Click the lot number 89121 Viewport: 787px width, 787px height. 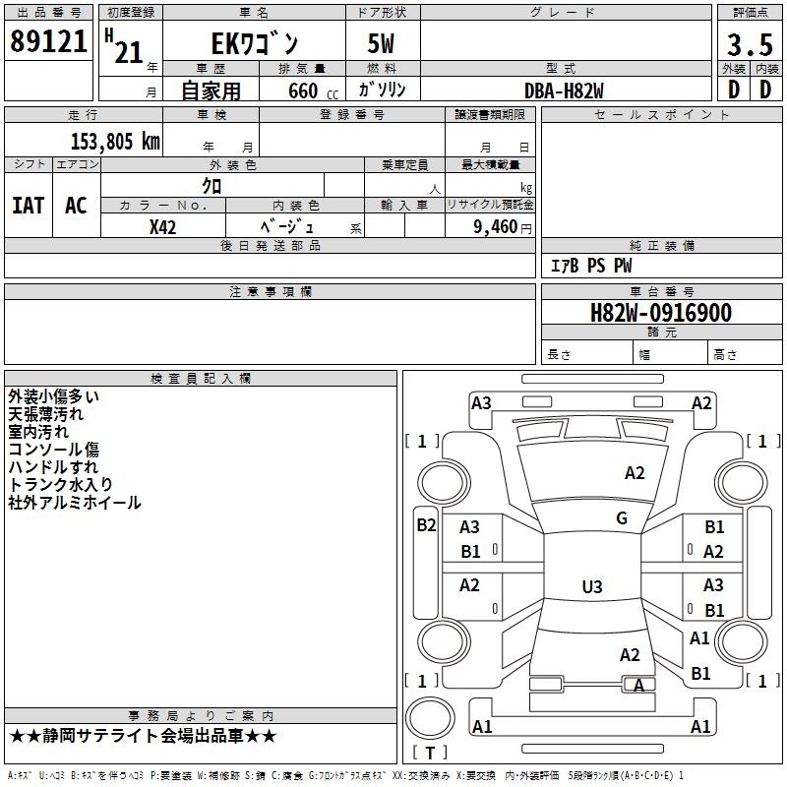(x=48, y=41)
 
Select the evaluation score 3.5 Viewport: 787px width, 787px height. (x=748, y=44)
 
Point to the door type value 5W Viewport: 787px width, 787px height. (x=382, y=44)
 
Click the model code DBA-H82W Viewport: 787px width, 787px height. (x=564, y=91)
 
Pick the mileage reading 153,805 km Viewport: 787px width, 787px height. (x=115, y=142)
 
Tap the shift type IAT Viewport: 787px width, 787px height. (x=28, y=206)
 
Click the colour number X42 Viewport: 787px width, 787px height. (x=163, y=227)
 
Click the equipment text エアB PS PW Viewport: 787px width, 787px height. (x=590, y=266)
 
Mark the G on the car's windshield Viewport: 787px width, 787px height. (x=622, y=518)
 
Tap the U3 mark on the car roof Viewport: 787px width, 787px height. (x=591, y=587)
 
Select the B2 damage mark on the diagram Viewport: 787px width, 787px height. (x=425, y=525)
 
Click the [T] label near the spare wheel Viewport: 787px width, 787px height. (x=429, y=754)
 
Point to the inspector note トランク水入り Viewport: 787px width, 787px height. (x=60, y=485)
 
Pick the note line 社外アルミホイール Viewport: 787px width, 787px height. (x=75, y=503)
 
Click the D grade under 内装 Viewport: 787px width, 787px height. (x=766, y=89)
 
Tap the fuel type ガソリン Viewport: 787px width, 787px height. (x=382, y=91)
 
